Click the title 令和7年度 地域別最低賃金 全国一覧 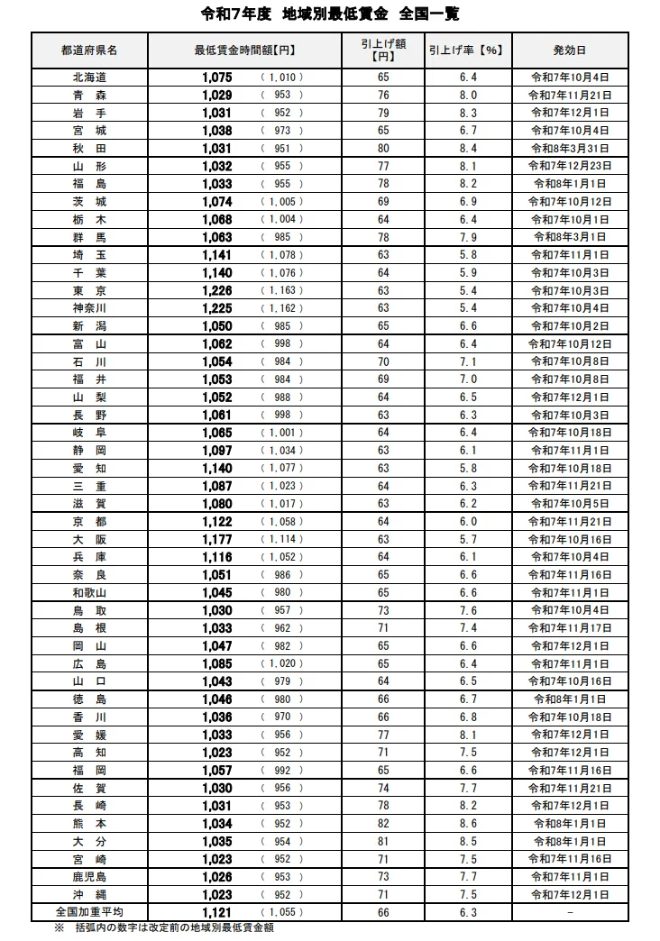(x=329, y=14)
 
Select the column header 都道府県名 (x=89, y=50)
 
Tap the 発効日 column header (x=569, y=50)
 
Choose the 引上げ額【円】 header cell (x=384, y=50)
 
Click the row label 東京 (x=89, y=290)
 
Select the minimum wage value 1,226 (x=217, y=290)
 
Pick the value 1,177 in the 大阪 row (x=217, y=539)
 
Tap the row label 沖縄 (x=89, y=894)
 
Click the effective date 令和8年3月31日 (x=569, y=149)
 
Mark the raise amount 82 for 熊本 (x=384, y=824)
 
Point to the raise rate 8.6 (x=468, y=824)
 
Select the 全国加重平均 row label (x=89, y=912)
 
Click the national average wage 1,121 (x=217, y=912)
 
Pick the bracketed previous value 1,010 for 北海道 (x=282, y=78)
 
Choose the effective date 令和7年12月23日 (x=569, y=166)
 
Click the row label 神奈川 (x=89, y=308)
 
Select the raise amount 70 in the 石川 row (x=384, y=361)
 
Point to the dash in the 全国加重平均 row (x=569, y=912)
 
